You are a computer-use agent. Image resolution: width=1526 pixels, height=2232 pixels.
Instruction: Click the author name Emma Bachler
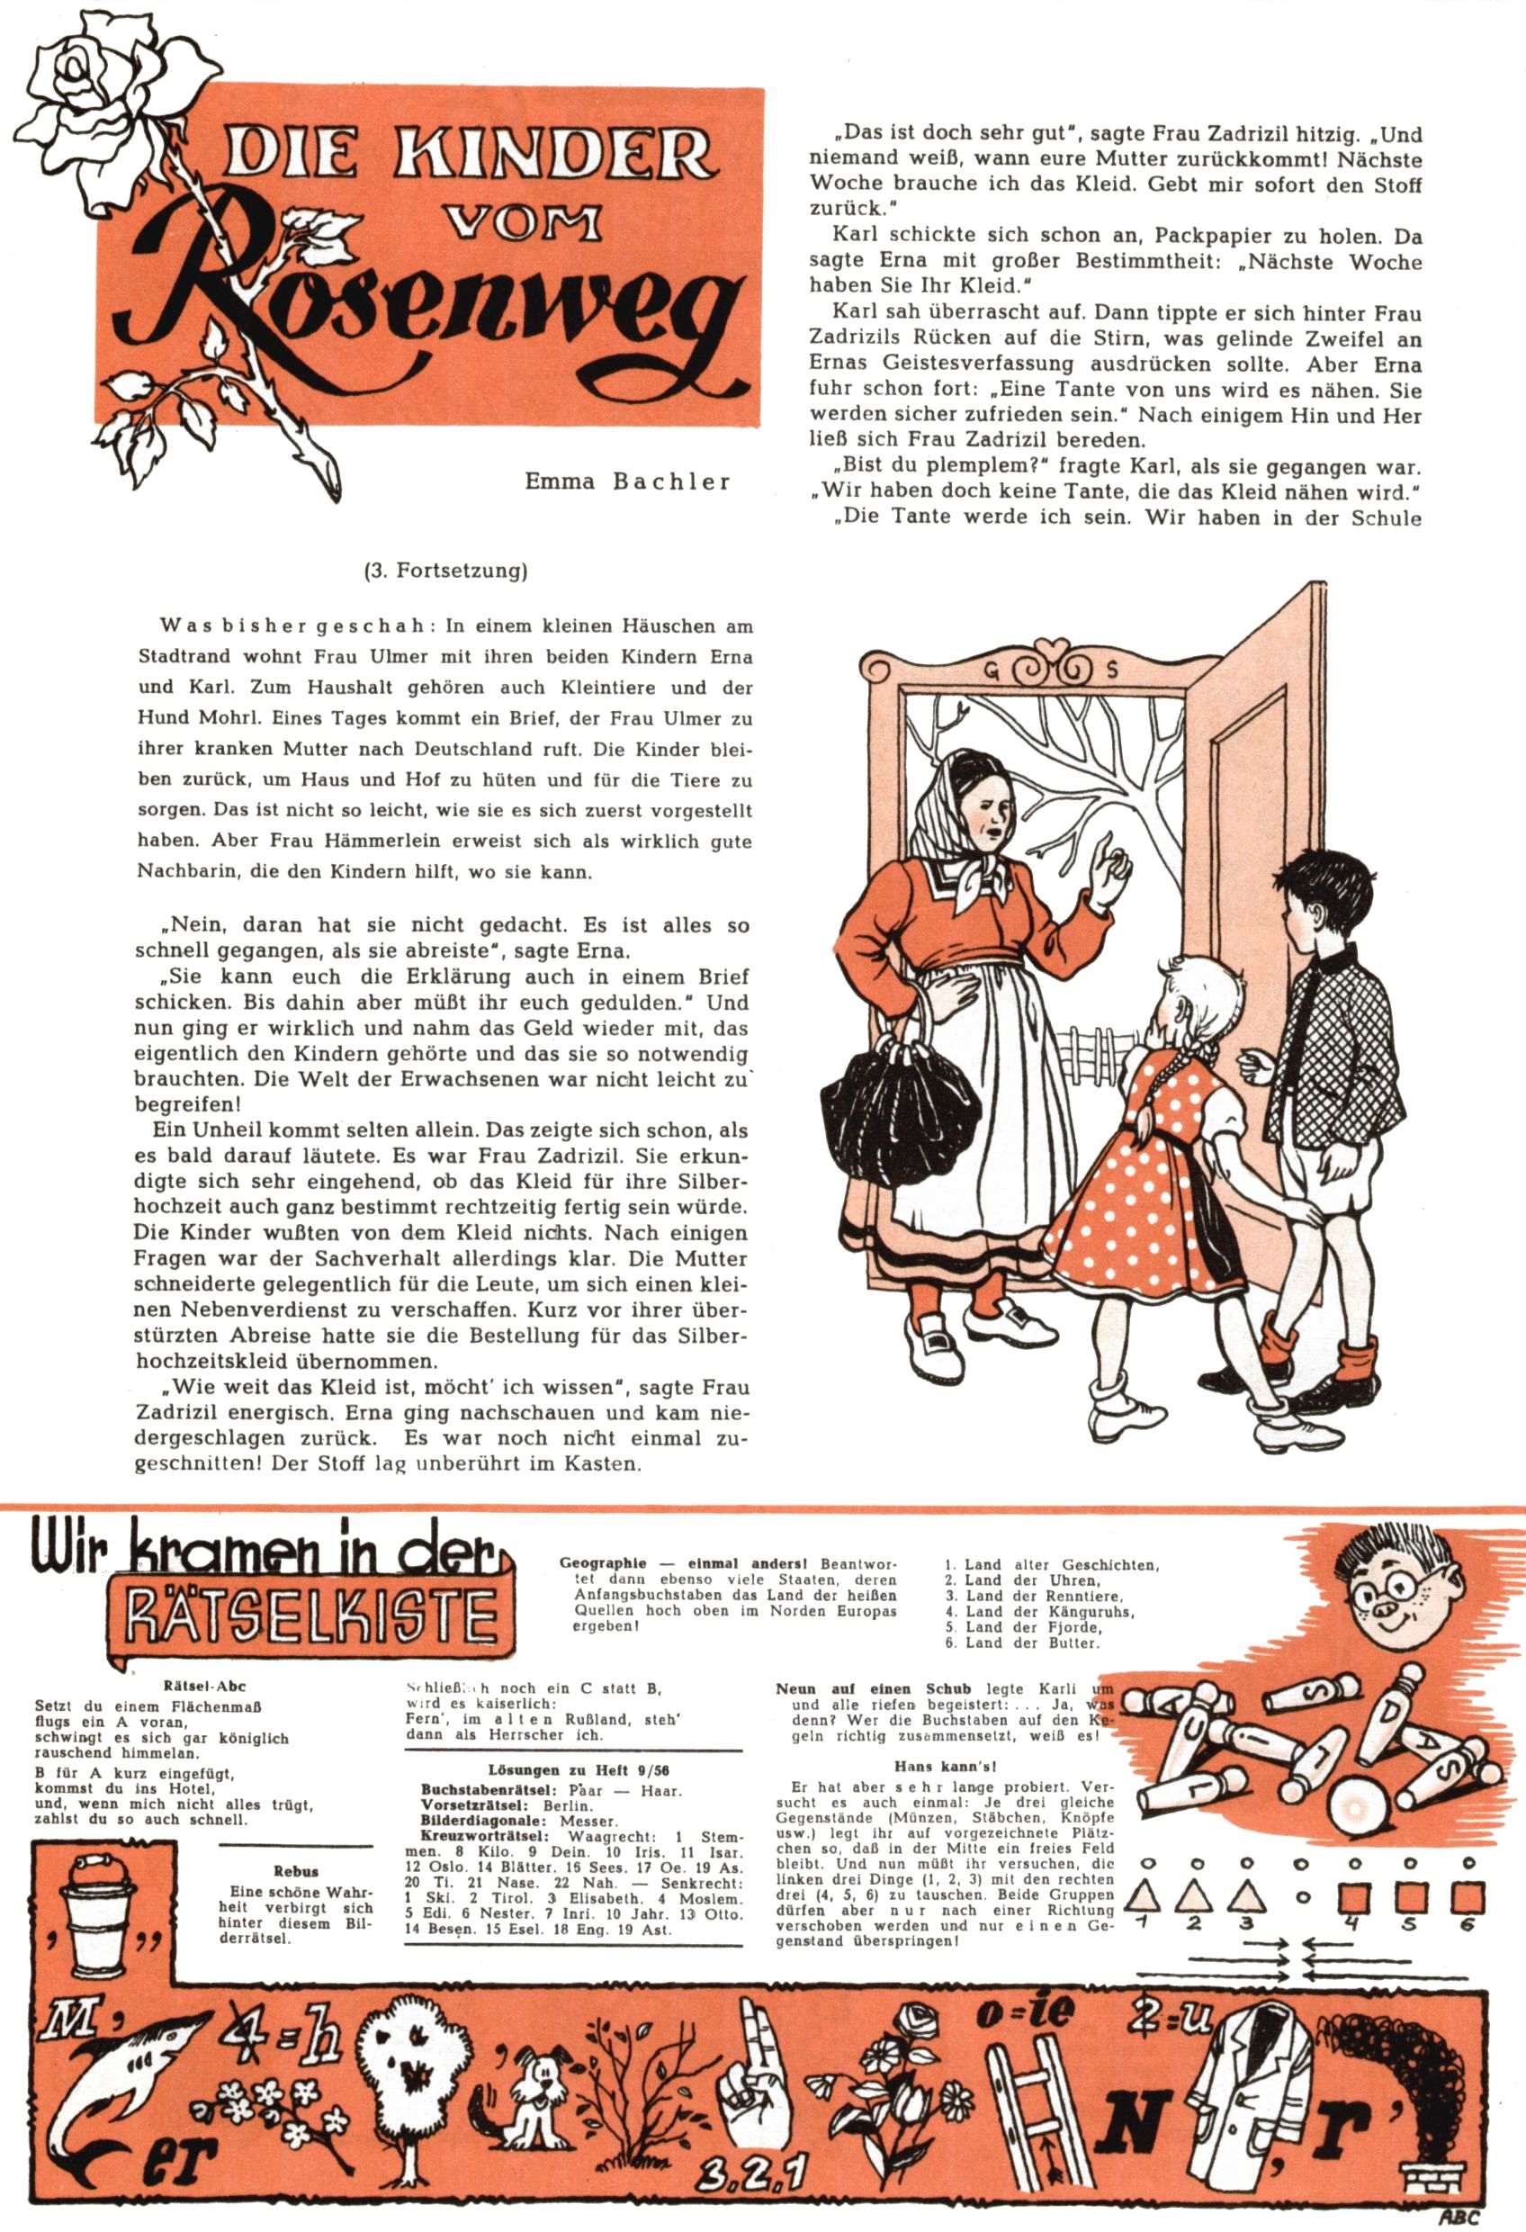(x=627, y=481)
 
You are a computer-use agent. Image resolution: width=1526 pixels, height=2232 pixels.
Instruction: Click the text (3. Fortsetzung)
(x=445, y=571)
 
